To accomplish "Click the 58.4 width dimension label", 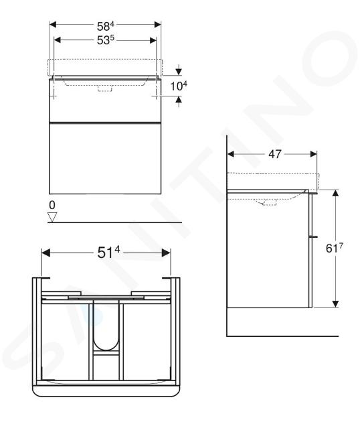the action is click(106, 26).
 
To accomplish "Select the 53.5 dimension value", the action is click(106, 40).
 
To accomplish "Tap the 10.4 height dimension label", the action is click(179, 86).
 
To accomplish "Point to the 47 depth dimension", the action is click(275, 154).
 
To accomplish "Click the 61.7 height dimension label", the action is click(335, 248).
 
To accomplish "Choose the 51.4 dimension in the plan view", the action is click(108, 253).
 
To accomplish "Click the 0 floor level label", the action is click(52, 205).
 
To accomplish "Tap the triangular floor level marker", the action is click(52, 217).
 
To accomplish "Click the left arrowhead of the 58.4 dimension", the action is click(53, 25).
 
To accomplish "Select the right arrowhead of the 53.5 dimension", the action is click(153, 40).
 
